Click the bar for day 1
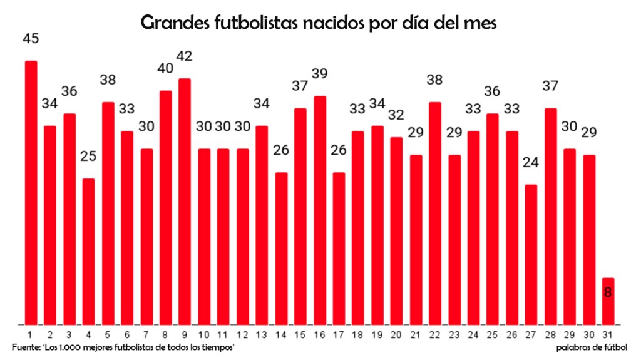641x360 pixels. point(31,193)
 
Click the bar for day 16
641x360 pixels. point(319,210)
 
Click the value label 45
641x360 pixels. point(31,39)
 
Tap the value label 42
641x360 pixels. point(185,56)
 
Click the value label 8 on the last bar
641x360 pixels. point(608,292)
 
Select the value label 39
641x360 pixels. point(319,74)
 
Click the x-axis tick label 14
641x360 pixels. point(281,334)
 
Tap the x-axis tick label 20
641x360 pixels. point(396,334)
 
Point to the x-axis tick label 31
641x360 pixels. point(608,334)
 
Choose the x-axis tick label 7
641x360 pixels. point(146,334)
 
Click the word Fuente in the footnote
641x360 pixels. point(25,347)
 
